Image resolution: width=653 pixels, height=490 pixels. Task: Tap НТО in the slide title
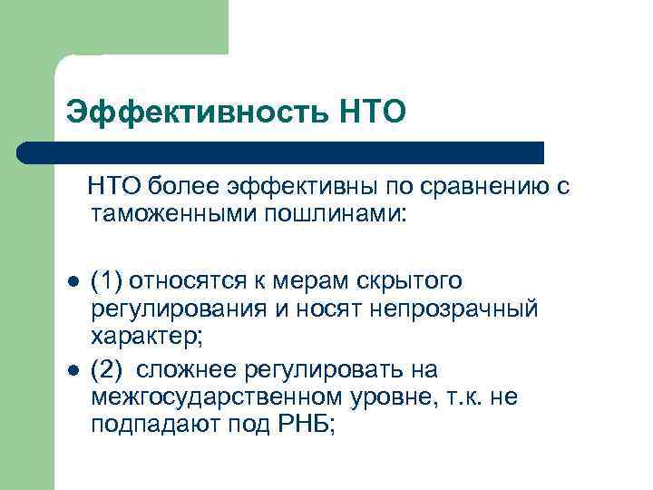pyautogui.click(x=371, y=113)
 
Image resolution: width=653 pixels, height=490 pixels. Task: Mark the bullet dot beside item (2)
pyautogui.click(x=73, y=370)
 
